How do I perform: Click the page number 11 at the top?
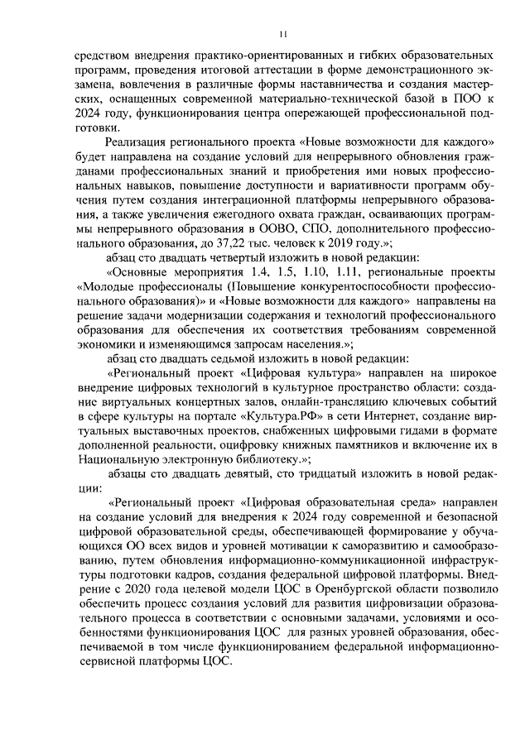pyautogui.click(x=282, y=34)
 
